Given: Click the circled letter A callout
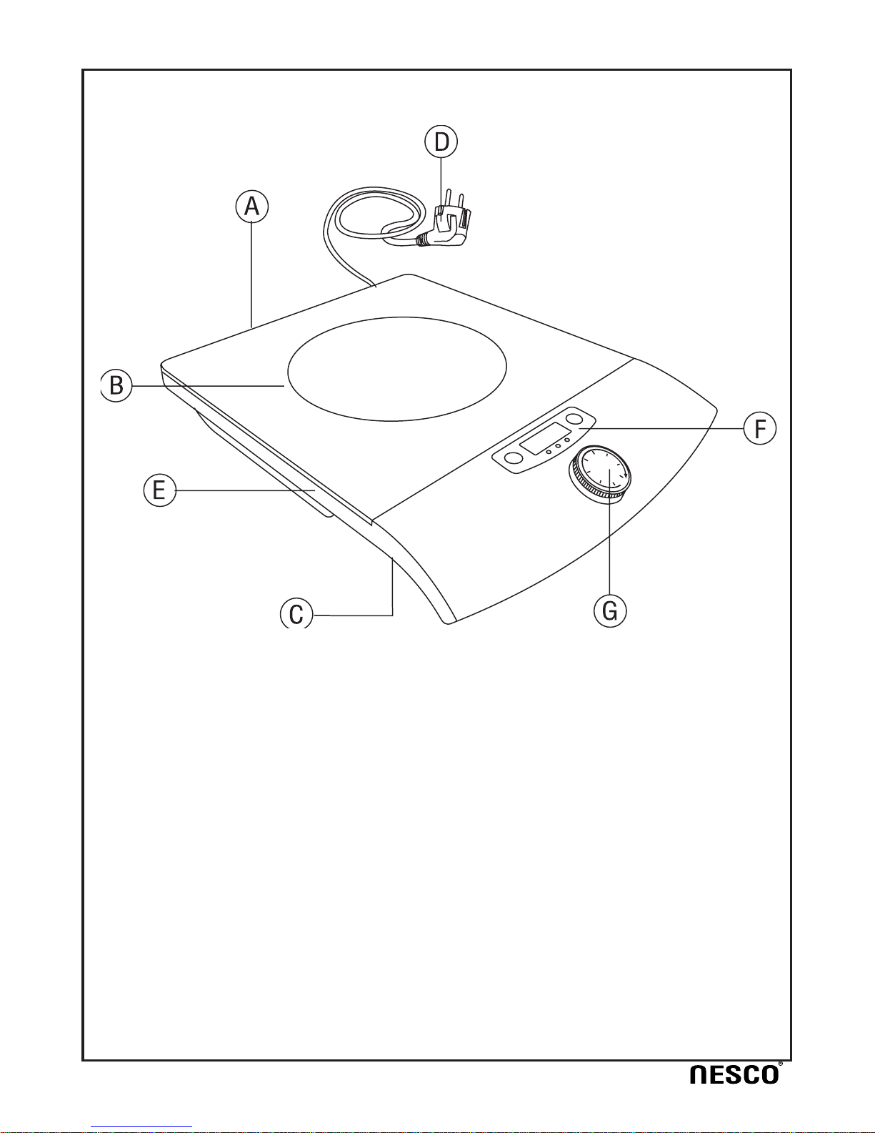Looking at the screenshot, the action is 252,207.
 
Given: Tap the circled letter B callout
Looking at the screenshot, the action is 116,386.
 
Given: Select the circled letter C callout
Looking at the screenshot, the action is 296,613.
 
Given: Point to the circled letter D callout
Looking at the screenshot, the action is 441,142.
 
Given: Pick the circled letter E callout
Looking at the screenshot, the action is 160,490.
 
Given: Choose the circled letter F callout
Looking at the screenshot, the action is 760,429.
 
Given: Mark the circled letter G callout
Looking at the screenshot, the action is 610,611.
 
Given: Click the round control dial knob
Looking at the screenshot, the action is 599,474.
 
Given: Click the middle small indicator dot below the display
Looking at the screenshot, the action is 558,446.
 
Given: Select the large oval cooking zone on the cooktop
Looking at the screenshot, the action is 397,369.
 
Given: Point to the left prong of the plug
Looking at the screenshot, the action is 448,202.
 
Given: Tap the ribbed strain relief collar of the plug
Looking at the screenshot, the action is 422,240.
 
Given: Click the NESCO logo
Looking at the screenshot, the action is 736,1074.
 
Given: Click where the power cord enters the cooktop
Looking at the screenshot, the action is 375,286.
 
